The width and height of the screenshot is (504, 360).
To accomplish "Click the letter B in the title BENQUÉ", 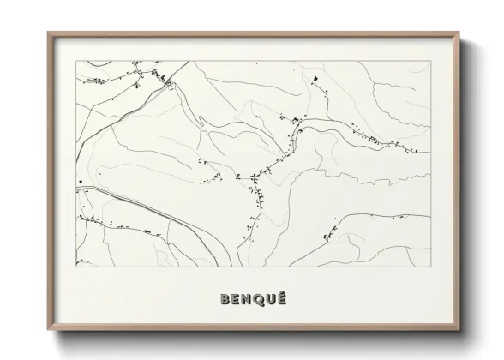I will [x=225, y=299].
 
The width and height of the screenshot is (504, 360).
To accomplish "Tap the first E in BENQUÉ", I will [x=237, y=299].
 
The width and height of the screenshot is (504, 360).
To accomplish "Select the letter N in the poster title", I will [x=248, y=299].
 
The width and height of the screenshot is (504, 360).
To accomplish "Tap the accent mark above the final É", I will [x=284, y=292].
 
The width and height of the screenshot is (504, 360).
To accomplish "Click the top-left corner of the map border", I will [x=76, y=62].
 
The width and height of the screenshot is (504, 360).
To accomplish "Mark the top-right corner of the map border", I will [x=430, y=62].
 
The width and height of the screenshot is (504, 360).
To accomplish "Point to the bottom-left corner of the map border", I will [x=76, y=267].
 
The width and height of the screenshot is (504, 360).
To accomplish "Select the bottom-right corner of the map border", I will [x=430, y=267].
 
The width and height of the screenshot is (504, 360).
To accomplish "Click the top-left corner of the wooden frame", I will [x=48, y=33].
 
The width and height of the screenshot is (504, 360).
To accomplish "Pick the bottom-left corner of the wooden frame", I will [x=48, y=330].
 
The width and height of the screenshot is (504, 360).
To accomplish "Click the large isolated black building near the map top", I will [x=315, y=80].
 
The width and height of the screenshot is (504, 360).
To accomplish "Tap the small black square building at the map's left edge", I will [x=80, y=182].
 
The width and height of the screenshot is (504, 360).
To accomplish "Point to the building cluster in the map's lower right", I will [x=330, y=231].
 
